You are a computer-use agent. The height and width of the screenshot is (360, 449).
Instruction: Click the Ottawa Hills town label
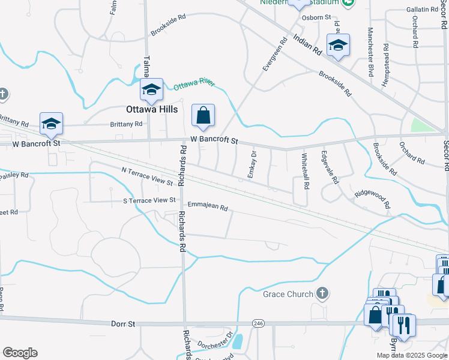coord(151,110)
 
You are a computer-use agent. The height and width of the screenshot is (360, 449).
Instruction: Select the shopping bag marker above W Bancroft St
coord(203,115)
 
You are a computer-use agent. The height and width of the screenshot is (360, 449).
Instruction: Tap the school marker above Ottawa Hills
coord(151,89)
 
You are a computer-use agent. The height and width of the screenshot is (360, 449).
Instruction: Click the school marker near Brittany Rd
coord(52,124)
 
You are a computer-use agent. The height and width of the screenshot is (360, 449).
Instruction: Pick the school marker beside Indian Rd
coord(338,44)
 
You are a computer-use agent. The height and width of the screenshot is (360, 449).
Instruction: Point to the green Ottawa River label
coord(194,85)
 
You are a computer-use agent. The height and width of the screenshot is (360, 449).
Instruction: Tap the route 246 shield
coord(258,323)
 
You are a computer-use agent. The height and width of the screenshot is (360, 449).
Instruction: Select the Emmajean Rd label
coord(208,206)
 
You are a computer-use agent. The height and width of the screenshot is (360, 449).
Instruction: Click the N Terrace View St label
coord(147,176)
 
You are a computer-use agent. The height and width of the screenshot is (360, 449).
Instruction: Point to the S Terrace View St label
coord(149,200)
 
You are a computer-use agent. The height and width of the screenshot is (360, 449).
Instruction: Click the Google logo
coord(20,353)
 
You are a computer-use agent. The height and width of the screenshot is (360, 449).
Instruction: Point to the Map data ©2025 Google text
coord(411,355)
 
